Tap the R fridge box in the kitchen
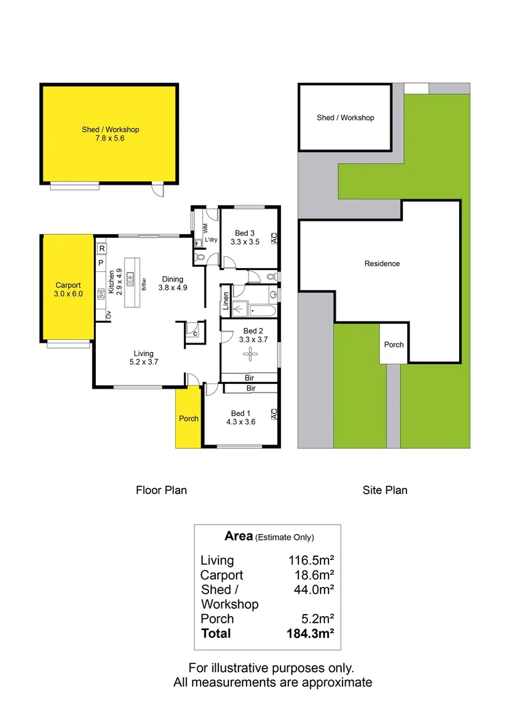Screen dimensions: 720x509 click(101, 249)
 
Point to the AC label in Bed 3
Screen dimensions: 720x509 click(273, 237)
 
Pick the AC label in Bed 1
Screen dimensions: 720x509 click(273, 415)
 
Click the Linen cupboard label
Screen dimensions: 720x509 click(227, 301)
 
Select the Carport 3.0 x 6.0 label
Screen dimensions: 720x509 click(69, 289)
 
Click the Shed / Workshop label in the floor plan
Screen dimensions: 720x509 click(110, 134)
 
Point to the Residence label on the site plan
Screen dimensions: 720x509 click(382, 263)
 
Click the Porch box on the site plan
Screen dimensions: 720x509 click(394, 344)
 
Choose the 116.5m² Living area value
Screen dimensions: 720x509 click(306, 561)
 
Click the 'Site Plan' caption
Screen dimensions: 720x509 click(384, 490)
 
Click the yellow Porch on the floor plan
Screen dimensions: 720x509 click(188, 418)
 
